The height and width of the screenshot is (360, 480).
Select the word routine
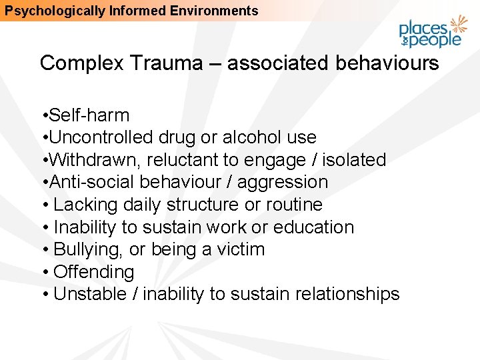(291, 205)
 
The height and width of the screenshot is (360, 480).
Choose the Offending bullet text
(93, 272)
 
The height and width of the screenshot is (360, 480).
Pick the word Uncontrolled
(101, 137)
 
